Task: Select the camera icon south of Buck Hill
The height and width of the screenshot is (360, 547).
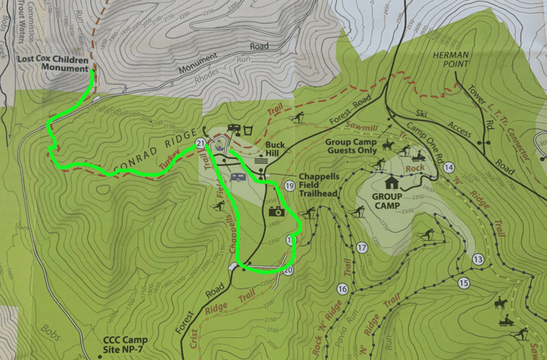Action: pyautogui.click(x=276, y=211)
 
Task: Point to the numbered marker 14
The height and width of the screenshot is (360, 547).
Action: pyautogui.click(x=449, y=168)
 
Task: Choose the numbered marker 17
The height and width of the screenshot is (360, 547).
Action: pyautogui.click(x=361, y=248)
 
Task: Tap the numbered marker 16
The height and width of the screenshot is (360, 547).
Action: pyautogui.click(x=343, y=289)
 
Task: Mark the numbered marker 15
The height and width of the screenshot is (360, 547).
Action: pyautogui.click(x=464, y=283)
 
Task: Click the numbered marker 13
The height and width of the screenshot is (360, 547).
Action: pyautogui.click(x=477, y=259)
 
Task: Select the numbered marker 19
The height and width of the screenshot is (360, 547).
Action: pyautogui.click(x=289, y=186)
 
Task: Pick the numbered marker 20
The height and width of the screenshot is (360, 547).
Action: pyautogui.click(x=288, y=269)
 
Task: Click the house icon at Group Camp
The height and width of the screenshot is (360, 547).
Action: pyautogui.click(x=392, y=182)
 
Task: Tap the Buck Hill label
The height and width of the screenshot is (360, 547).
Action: pyautogui.click(x=275, y=148)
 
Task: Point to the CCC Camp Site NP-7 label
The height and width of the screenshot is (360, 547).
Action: pyautogui.click(x=125, y=344)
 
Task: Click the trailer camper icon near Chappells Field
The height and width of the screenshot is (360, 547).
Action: pyautogui.click(x=238, y=177)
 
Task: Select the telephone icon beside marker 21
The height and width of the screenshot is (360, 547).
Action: pyautogui.click(x=219, y=145)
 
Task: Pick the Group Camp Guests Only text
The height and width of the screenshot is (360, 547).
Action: pyautogui.click(x=350, y=146)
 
